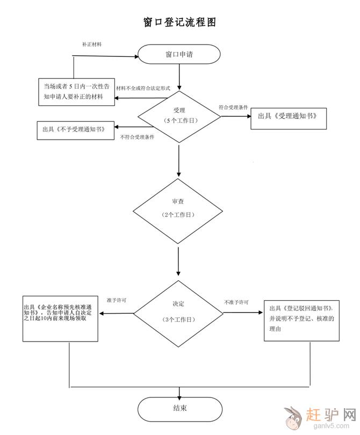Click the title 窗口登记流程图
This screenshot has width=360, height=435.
(x=179, y=23)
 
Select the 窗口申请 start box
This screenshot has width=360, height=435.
(x=179, y=55)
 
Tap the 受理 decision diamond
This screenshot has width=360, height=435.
(x=179, y=115)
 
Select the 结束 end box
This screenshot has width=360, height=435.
(x=179, y=408)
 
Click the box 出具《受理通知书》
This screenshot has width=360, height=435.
(x=289, y=116)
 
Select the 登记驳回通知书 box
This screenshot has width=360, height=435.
(x=301, y=319)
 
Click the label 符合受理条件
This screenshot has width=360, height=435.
(x=233, y=107)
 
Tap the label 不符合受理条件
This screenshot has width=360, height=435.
(x=137, y=137)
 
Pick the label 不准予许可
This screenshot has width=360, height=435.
(x=236, y=302)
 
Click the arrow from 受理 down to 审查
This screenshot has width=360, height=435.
(x=179, y=160)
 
